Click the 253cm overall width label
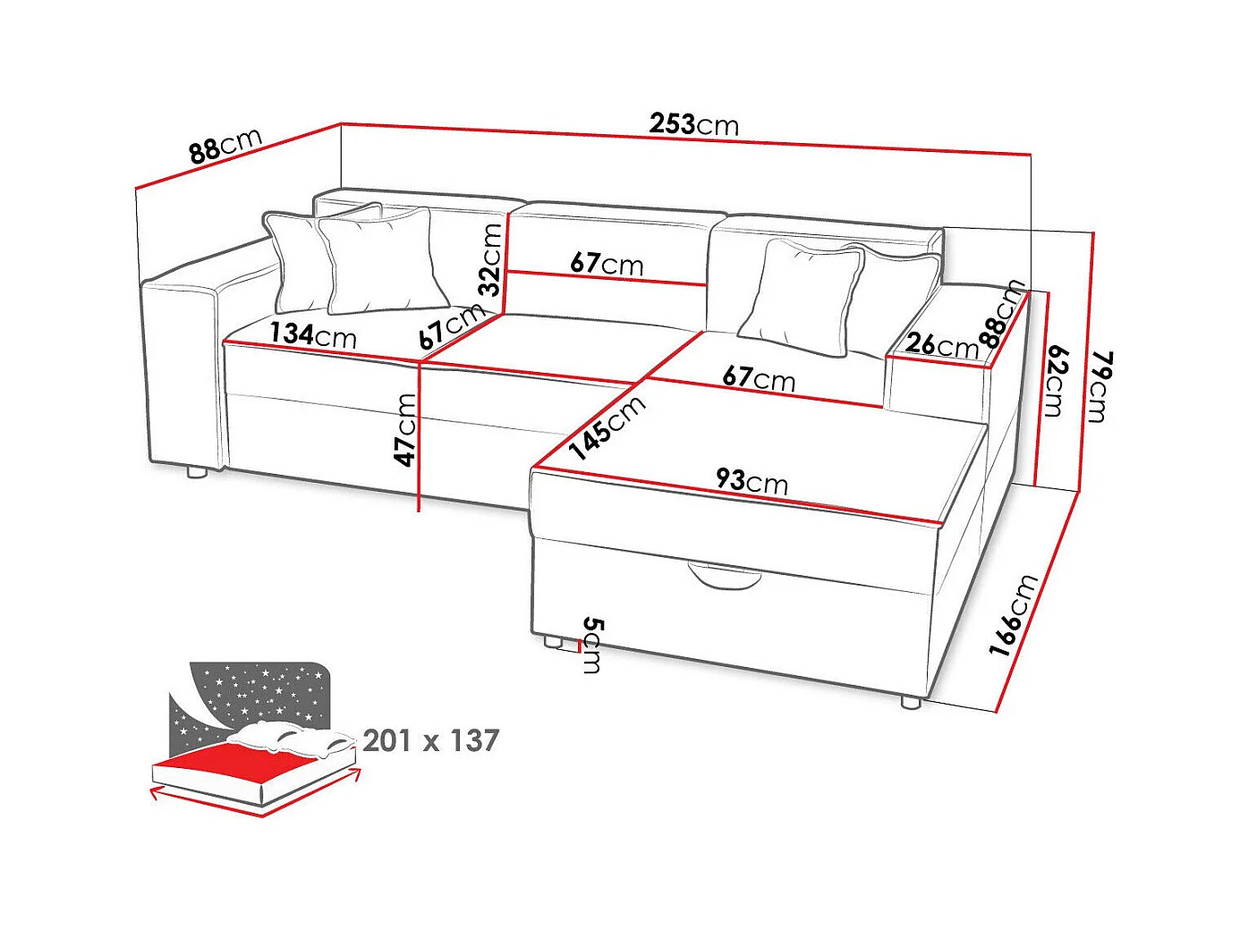[x=694, y=123]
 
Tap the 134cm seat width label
[x=313, y=335]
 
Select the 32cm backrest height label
[x=490, y=259]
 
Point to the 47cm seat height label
[x=406, y=429]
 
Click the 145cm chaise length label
[x=608, y=426]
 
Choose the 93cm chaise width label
[x=752, y=481]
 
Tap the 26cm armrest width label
[x=941, y=344]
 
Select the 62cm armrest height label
[x=1056, y=381]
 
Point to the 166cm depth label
[x=1014, y=615]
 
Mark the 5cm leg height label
[x=592, y=645]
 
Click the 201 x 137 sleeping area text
[x=430, y=740]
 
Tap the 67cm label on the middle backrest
[x=607, y=263]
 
